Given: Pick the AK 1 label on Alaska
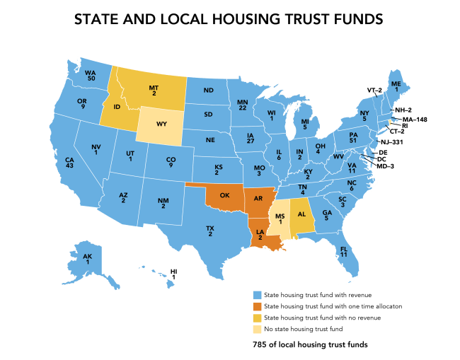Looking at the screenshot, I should click(x=87, y=259).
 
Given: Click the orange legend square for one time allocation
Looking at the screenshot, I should click(x=257, y=306).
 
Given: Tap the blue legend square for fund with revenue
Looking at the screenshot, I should click(x=257, y=294).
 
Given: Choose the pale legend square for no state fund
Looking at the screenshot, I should click(x=257, y=329).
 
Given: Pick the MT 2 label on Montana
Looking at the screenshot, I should click(x=154, y=89).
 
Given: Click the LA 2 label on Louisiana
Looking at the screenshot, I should click(x=260, y=236).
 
